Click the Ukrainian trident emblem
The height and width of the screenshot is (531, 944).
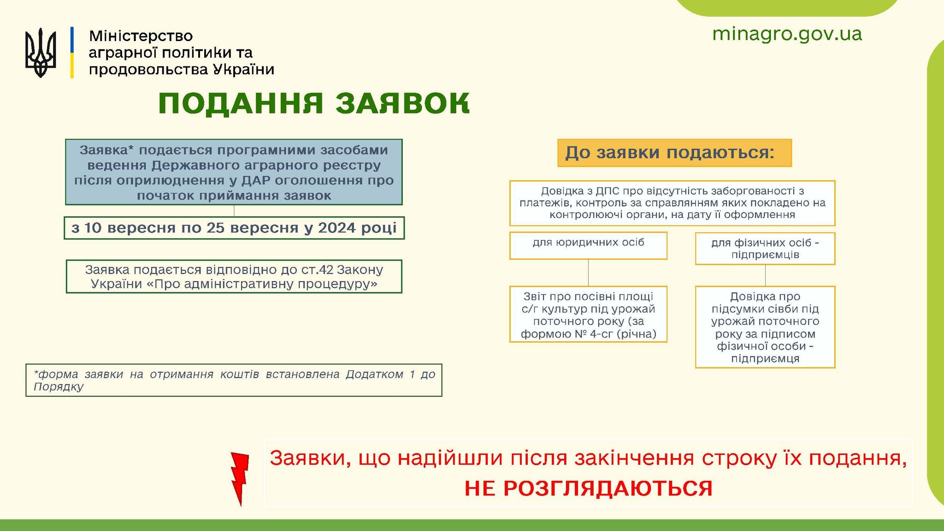41,53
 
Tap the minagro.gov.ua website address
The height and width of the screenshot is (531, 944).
787,34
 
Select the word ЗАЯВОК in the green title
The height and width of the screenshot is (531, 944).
402,104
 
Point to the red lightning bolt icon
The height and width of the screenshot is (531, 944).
240,478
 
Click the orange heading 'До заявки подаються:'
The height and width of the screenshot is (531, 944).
674,153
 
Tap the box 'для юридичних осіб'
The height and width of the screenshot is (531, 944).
588,246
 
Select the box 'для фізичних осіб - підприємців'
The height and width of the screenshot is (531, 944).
765,249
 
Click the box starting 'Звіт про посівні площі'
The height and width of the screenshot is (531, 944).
588,314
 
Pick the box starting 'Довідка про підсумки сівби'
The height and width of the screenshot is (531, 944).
765,327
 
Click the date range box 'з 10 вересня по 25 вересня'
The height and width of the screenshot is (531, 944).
234,228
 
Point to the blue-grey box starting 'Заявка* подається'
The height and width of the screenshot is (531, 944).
234,172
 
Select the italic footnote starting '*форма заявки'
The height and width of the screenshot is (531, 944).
234,380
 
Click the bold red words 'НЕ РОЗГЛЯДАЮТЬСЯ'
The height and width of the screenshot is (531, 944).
588,489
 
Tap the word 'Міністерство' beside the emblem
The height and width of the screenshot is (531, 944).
141,36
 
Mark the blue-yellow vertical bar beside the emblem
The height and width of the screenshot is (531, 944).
72,53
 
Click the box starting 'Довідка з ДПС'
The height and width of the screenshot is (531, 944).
672,203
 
